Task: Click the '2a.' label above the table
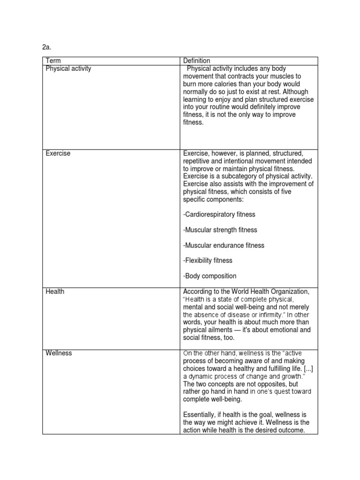pyautogui.click(x=46, y=47)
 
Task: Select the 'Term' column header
pyautogui.click(x=53, y=61)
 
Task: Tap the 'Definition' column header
pyautogui.click(x=196, y=61)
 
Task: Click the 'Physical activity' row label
pyautogui.click(x=68, y=68)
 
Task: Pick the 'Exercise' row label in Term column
pyautogui.click(x=58, y=153)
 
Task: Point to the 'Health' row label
pyautogui.click(x=55, y=292)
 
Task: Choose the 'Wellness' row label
pyautogui.click(x=59, y=353)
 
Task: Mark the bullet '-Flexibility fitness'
pyautogui.click(x=208, y=261)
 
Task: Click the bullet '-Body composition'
pyautogui.click(x=210, y=276)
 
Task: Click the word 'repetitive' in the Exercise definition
pyautogui.click(x=198, y=161)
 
